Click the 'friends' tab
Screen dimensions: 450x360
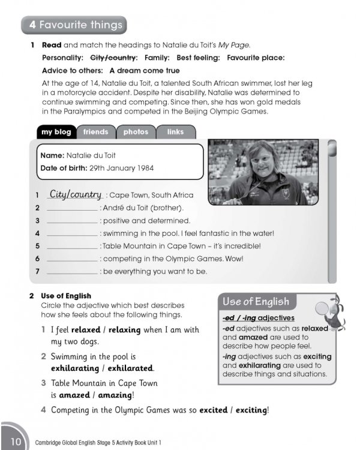(96, 132)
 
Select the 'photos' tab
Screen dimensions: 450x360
(136, 132)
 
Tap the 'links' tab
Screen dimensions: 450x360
(175, 132)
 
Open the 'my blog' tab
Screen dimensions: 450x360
(56, 132)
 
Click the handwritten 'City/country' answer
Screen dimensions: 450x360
(76, 194)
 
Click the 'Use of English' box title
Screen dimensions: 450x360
(256, 302)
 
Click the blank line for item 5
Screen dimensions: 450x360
(72, 247)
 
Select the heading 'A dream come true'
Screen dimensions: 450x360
(145, 70)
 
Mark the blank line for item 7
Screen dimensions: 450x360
(72, 272)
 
